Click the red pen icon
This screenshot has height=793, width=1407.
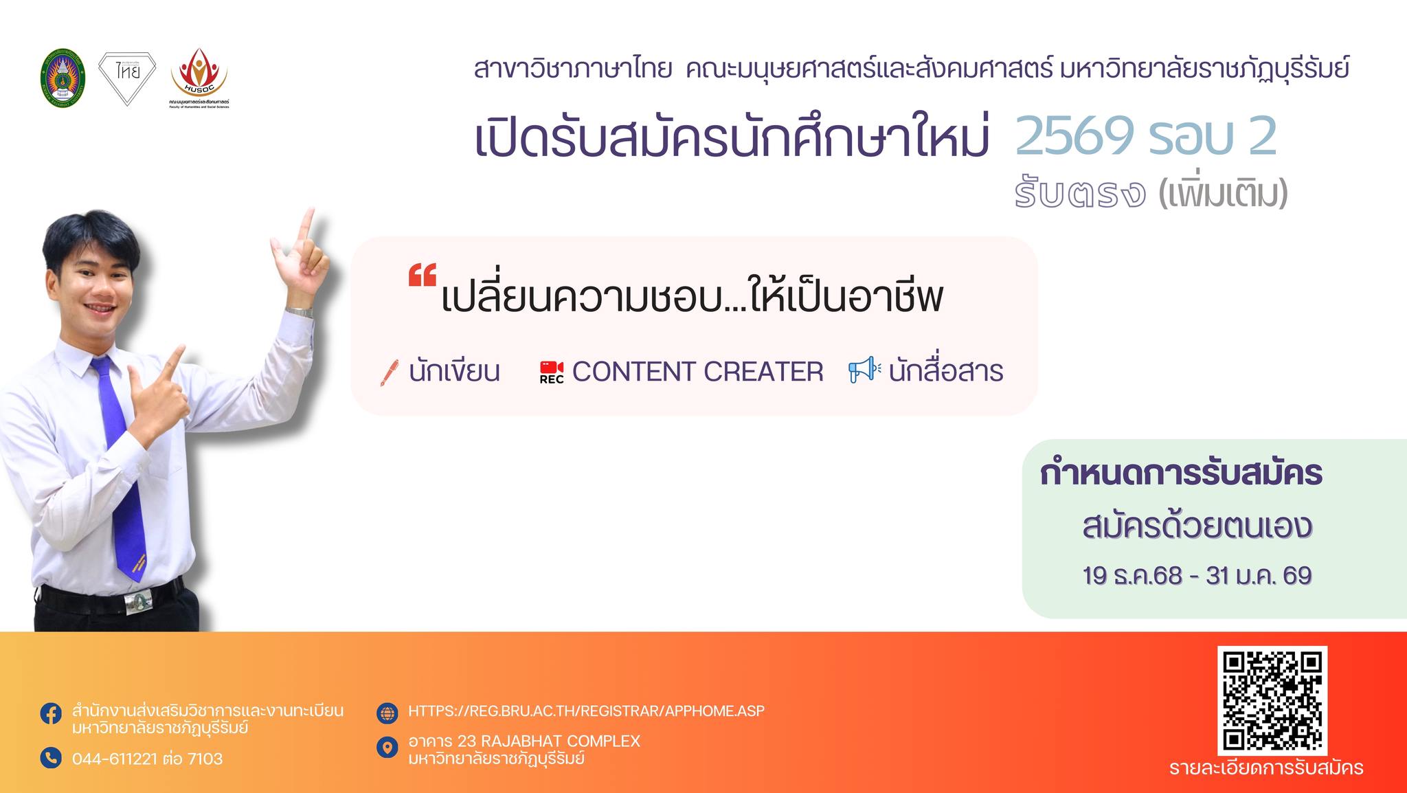pos(390,373)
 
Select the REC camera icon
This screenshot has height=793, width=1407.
pos(552,372)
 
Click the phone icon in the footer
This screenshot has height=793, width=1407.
pos(50,758)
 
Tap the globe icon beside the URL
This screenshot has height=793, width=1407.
pos(387,713)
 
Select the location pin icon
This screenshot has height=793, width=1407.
pos(387,748)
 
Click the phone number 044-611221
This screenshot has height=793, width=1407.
pos(115,759)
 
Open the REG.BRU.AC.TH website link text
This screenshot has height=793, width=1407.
pos(586,711)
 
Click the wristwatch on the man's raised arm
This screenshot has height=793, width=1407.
pos(300,312)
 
